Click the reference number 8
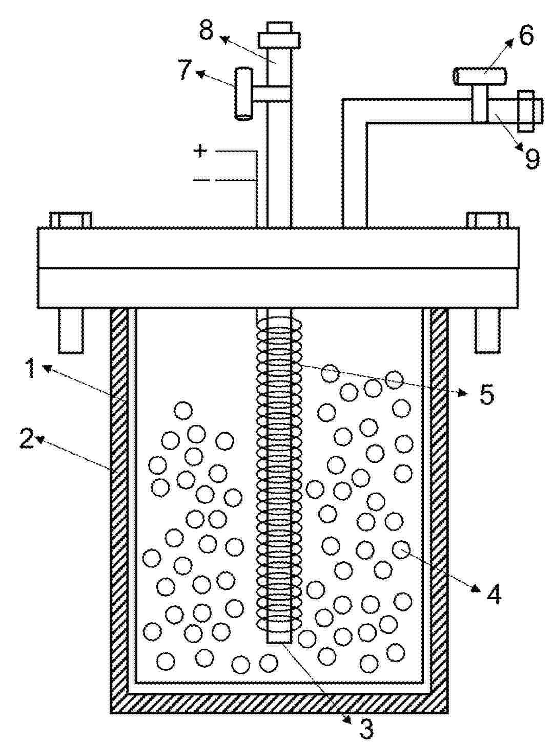[206, 31]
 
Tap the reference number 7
[186, 69]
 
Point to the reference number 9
[531, 158]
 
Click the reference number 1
[31, 369]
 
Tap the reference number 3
[366, 728]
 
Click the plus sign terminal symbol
[200, 151]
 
